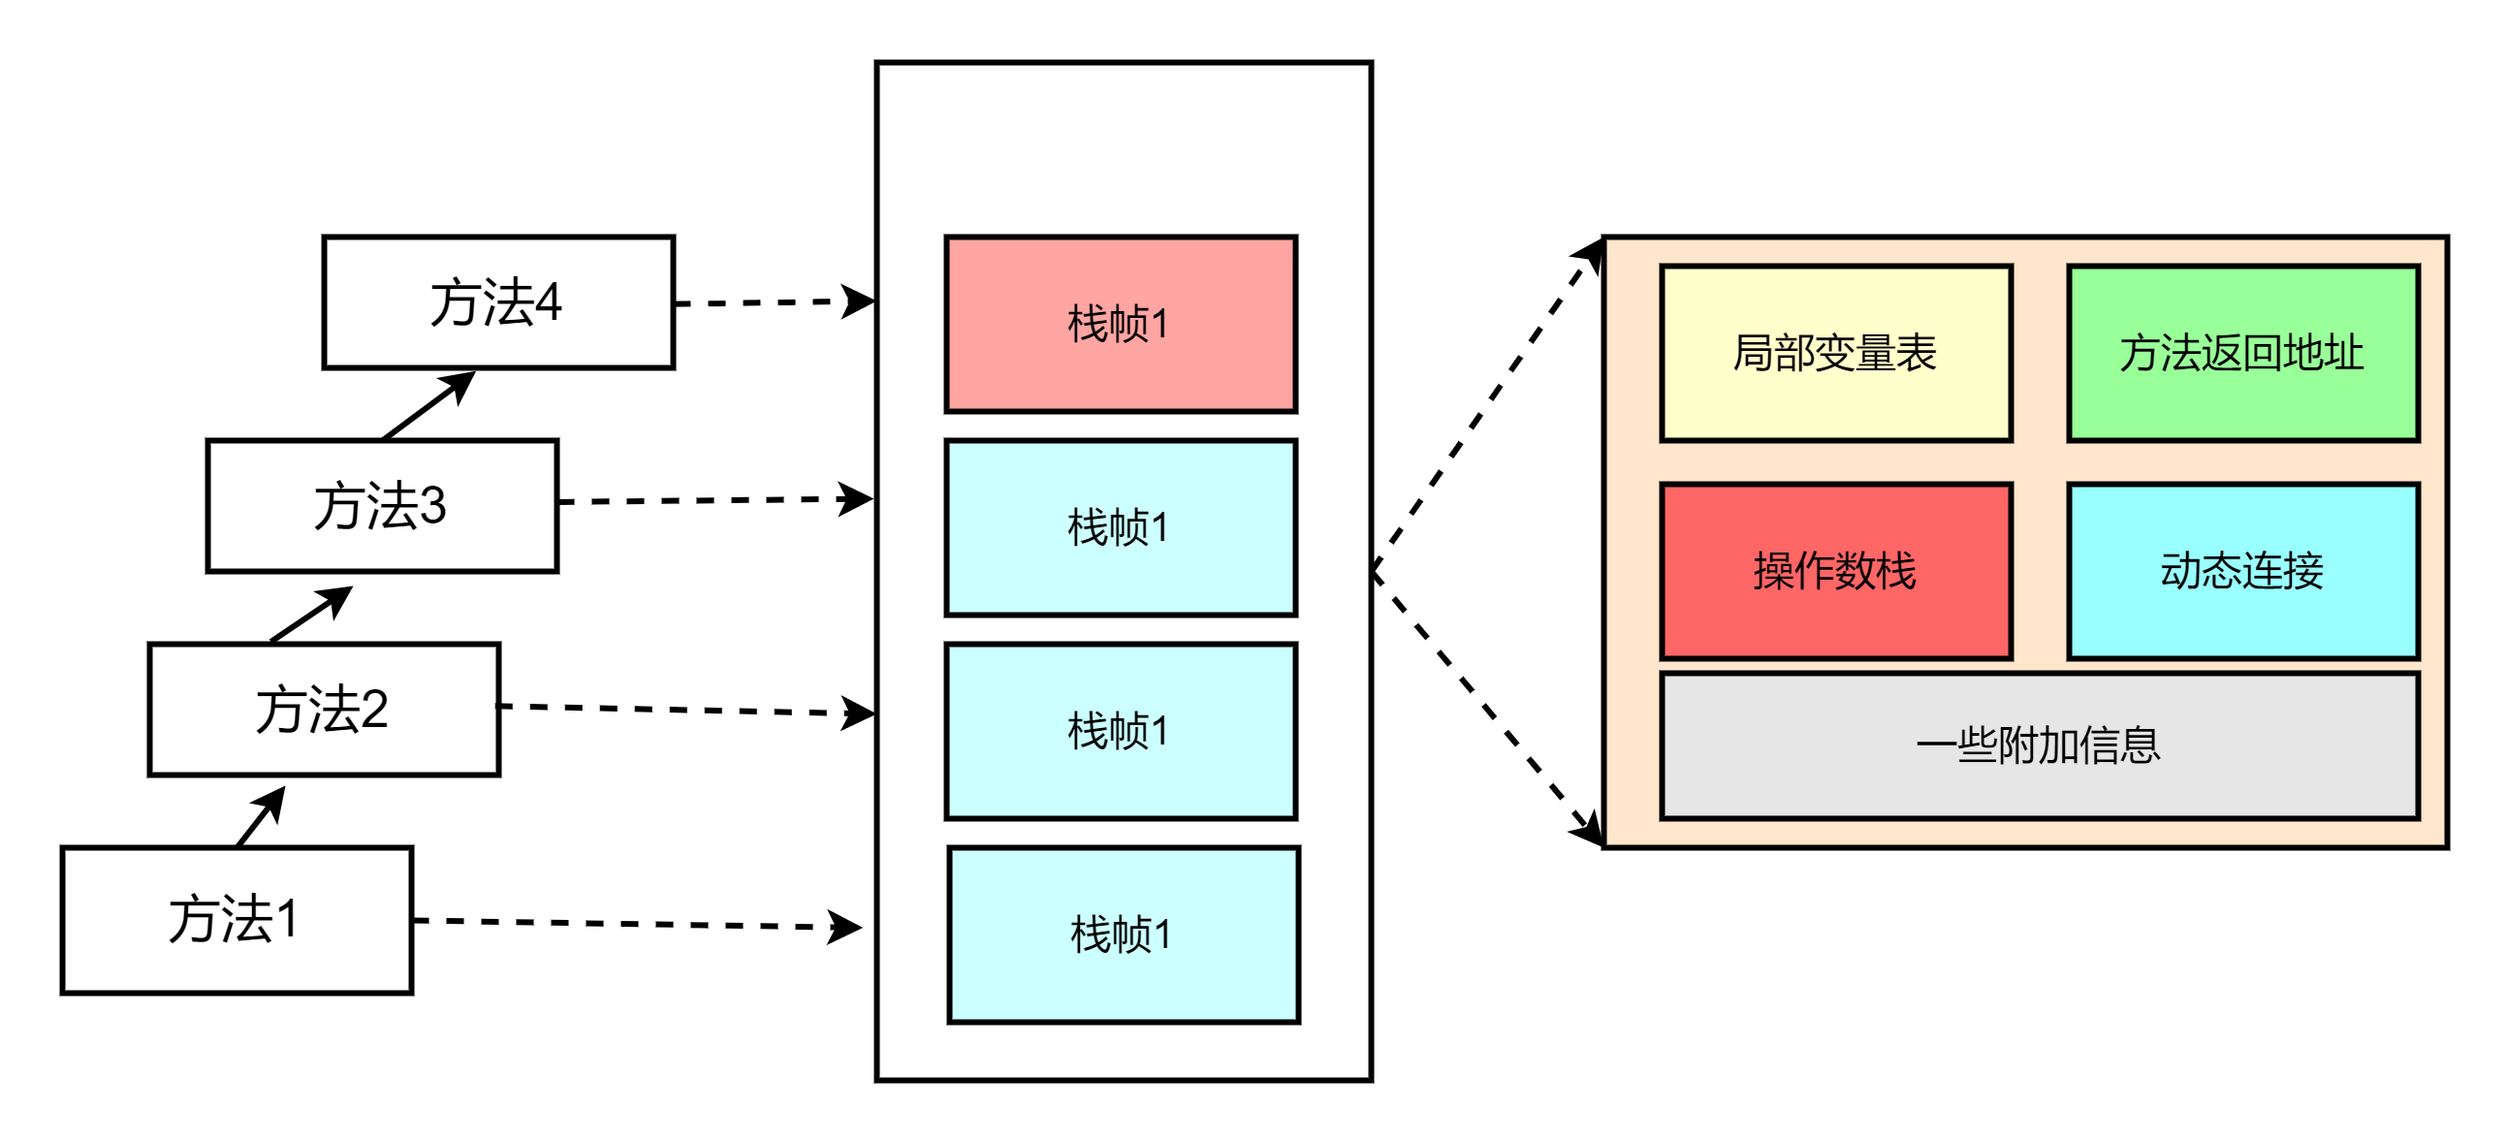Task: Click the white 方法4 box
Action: tap(497, 302)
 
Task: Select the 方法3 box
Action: tap(382, 506)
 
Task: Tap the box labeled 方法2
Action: tap(323, 710)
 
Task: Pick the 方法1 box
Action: tap(237, 920)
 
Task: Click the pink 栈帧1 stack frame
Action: tap(1120, 324)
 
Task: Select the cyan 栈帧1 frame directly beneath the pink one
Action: tap(1120, 527)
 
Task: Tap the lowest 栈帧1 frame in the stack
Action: tap(1123, 934)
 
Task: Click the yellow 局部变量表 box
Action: tap(1835, 354)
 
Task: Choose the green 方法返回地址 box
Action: tap(2242, 354)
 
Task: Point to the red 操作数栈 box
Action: tap(1835, 572)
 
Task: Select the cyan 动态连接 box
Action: tap(2242, 572)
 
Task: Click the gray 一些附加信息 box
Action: tap(2039, 745)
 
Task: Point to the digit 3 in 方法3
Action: tap(432, 506)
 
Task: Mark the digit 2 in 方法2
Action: tap(373, 710)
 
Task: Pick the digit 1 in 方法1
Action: tap(287, 919)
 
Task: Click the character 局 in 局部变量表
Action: tap(1753, 354)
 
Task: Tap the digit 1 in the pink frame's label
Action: tap(1159, 325)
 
